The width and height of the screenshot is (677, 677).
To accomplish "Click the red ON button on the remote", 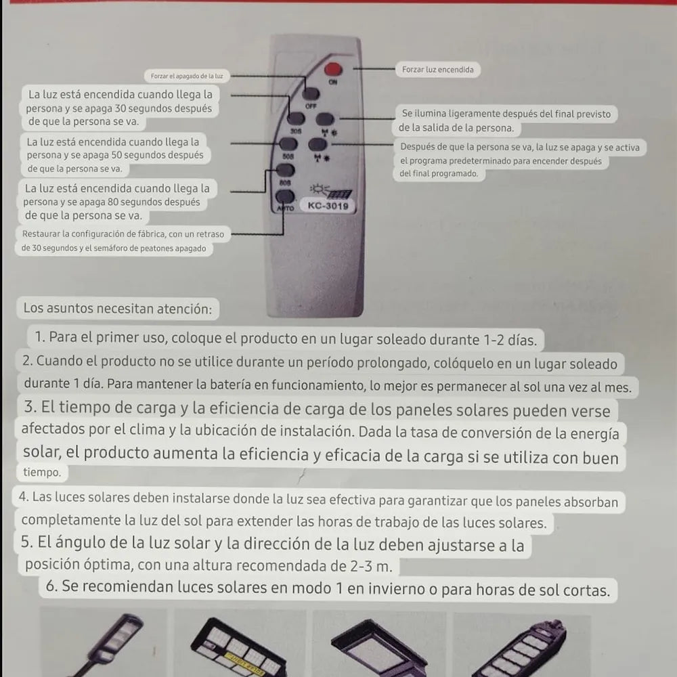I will click(332, 68).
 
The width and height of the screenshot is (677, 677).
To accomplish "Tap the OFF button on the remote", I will click(311, 95).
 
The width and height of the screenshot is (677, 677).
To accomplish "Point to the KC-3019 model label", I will click(328, 206).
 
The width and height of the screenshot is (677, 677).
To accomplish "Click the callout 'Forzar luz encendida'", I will click(437, 70).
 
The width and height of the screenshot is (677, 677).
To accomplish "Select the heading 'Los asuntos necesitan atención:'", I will click(117, 309).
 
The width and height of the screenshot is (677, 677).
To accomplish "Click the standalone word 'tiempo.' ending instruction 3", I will click(42, 473).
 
